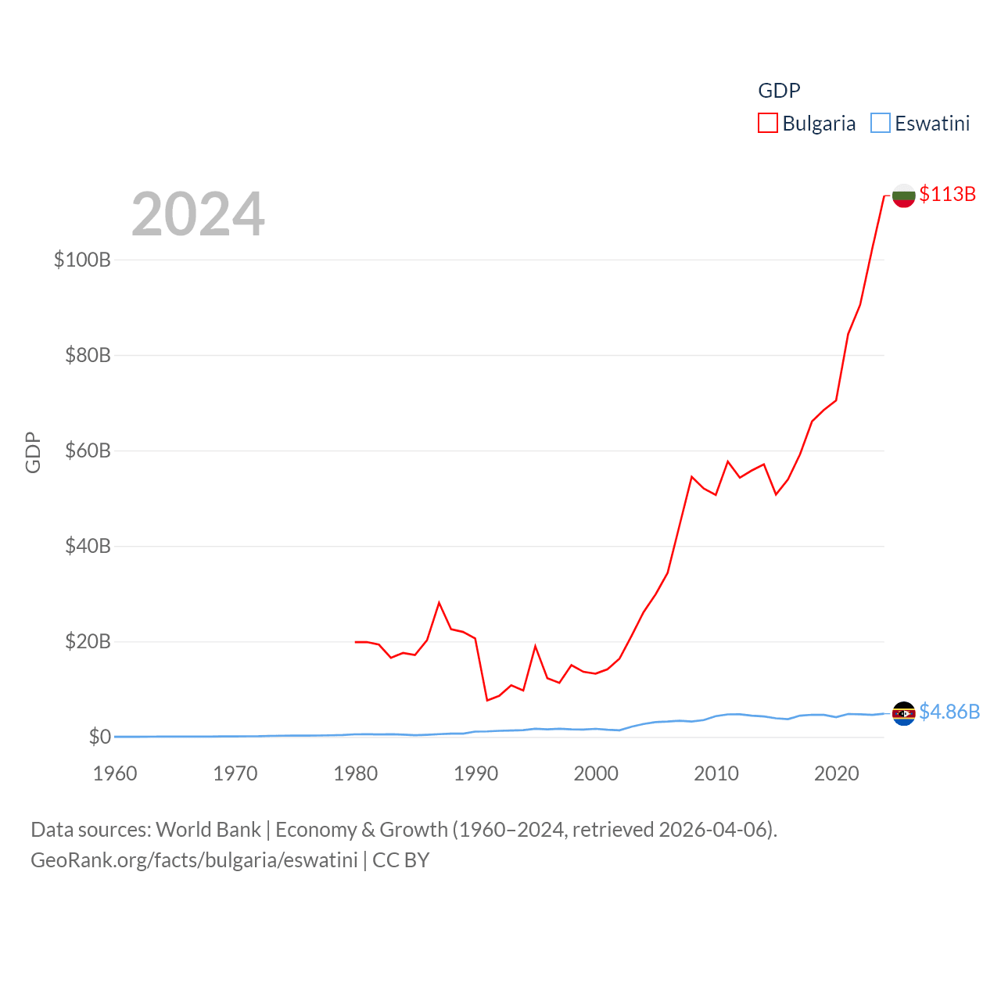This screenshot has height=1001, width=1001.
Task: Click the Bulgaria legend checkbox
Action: [x=768, y=124]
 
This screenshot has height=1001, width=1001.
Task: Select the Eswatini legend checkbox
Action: [x=881, y=124]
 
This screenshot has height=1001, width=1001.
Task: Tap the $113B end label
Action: [x=947, y=194]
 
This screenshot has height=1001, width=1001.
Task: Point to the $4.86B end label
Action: [x=949, y=712]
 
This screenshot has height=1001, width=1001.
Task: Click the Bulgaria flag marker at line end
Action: [x=904, y=196]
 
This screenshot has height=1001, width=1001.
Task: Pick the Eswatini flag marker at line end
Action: [x=904, y=713]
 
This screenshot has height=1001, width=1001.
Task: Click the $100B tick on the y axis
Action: [x=82, y=260]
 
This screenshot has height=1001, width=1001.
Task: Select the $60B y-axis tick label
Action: [x=88, y=450]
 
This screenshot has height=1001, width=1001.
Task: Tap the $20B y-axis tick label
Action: [x=88, y=642]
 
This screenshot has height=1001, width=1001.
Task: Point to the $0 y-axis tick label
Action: [x=99, y=737]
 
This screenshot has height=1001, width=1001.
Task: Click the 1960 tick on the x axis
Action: [x=115, y=773]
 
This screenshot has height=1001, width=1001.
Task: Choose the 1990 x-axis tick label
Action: [x=475, y=773]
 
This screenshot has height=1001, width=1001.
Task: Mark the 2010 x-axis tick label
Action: [x=716, y=773]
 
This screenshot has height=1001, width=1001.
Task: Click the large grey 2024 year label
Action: [x=198, y=214]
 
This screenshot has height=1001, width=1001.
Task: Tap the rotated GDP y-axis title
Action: [x=33, y=452]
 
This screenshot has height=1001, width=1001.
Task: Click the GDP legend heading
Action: [x=779, y=91]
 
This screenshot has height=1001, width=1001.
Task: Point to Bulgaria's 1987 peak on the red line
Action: [x=440, y=602]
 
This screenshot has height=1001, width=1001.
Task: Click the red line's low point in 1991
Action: [x=487, y=700]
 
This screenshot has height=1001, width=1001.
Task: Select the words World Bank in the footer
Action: [x=208, y=829]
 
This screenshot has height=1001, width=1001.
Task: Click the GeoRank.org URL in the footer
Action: [x=194, y=860]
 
